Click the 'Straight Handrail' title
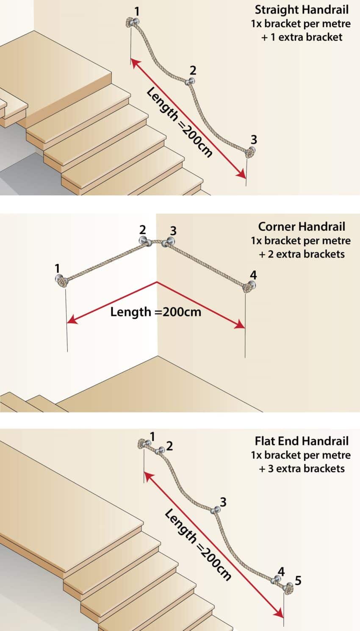click(302, 10)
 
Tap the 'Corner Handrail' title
click(302, 227)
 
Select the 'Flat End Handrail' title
click(302, 441)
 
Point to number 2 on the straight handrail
click(193, 70)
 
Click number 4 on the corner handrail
click(253, 275)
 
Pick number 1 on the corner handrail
click(58, 268)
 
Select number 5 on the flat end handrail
click(298, 580)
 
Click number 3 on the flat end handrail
click(223, 502)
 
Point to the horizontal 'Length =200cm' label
click(155, 312)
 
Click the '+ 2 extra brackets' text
click(302, 254)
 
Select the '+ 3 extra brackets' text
click(302, 468)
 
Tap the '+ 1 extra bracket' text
click(302, 37)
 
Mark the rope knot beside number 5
click(288, 588)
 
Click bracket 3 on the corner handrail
click(170, 242)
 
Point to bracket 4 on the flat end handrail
click(277, 579)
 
